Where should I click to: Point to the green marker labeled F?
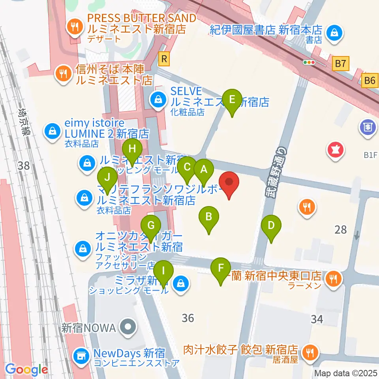click(x=221, y=269)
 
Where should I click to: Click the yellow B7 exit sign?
click(x=341, y=63)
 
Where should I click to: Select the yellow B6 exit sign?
click(x=370, y=81)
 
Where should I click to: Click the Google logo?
click(x=26, y=370)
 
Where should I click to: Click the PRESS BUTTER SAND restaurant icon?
click(x=74, y=27)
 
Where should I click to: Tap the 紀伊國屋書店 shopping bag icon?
click(x=334, y=31)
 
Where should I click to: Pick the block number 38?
click(x=24, y=165)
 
